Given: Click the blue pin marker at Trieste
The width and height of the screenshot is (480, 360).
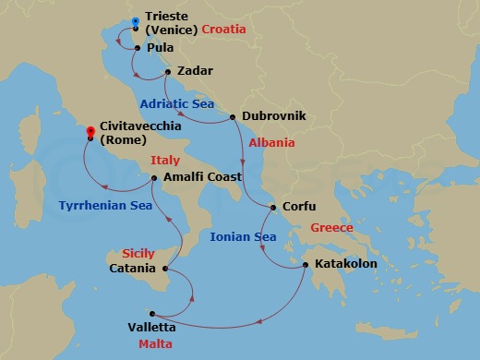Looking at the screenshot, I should pyautogui.click(x=136, y=21).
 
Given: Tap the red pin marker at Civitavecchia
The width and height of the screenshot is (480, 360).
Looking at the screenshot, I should pyautogui.click(x=90, y=132).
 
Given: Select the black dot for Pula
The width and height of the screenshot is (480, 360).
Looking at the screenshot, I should pyautogui.click(x=137, y=47).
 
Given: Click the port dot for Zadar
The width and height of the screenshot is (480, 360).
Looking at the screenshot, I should pyautogui.click(x=167, y=71).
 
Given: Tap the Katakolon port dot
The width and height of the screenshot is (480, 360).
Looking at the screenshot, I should pyautogui.click(x=306, y=266).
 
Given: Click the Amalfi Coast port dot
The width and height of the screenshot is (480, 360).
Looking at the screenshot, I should pyautogui.click(x=153, y=177).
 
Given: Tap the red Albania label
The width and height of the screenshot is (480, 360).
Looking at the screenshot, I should pyautogui.click(x=272, y=143).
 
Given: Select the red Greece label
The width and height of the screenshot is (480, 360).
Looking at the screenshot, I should pyautogui.click(x=331, y=227).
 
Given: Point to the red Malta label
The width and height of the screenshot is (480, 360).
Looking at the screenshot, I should pyautogui.click(x=153, y=344).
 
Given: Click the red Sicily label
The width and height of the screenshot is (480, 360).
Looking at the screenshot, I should pyautogui.click(x=138, y=253).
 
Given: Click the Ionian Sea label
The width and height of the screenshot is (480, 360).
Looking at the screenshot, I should pyautogui.click(x=243, y=237).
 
